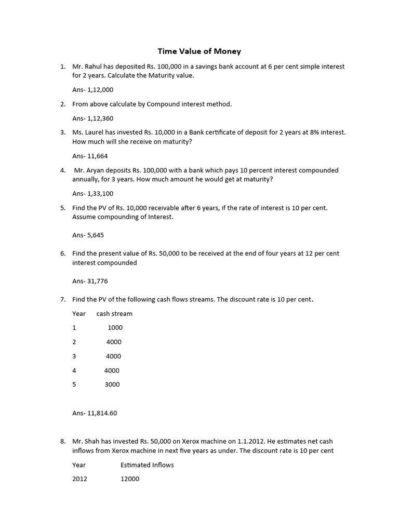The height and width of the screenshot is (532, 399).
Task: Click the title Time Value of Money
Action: point(199,51)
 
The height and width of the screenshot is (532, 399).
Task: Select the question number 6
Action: point(62,254)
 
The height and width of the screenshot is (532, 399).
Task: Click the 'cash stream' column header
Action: point(114,314)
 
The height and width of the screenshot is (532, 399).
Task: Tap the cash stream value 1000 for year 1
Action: point(115,328)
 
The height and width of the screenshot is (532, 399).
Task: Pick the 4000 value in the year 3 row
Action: point(114,356)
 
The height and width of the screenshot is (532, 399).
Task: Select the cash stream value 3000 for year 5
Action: point(112,384)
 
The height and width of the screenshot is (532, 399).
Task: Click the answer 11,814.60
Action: point(102,414)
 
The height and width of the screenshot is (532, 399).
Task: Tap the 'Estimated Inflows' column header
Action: point(147,465)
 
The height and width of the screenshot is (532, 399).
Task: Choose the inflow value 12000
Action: point(130,479)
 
